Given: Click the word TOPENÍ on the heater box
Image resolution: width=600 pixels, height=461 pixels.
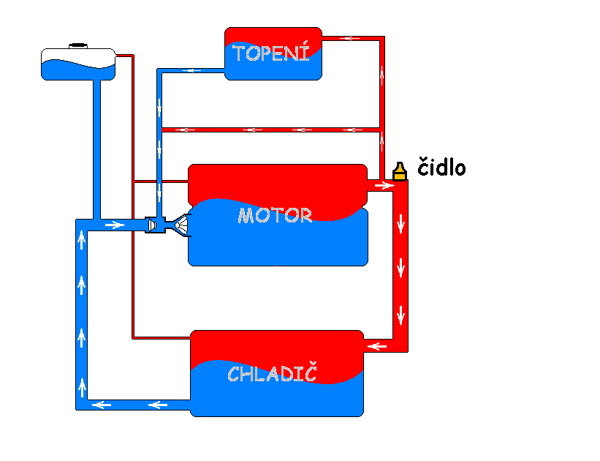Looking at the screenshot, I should click(x=272, y=53).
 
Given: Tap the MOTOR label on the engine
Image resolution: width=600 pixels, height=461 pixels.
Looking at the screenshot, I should click(x=275, y=216).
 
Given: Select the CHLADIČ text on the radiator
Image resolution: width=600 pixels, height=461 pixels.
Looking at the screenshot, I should click(x=272, y=374).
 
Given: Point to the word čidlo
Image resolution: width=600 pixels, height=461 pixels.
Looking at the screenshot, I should click(x=441, y=168).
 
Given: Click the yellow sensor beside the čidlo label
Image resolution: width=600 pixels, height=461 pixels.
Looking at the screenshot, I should click(x=399, y=172).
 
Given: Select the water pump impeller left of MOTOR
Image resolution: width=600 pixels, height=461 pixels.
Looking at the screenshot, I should click(x=181, y=225).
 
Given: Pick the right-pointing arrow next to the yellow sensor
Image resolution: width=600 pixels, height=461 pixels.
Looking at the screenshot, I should click(x=383, y=186).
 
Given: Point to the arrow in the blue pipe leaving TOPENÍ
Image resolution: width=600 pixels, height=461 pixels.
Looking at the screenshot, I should click(x=194, y=71).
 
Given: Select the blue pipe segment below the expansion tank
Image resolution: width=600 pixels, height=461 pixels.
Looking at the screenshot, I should click(x=97, y=146).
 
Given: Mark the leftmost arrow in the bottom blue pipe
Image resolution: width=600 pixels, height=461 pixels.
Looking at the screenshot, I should click(x=102, y=405).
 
